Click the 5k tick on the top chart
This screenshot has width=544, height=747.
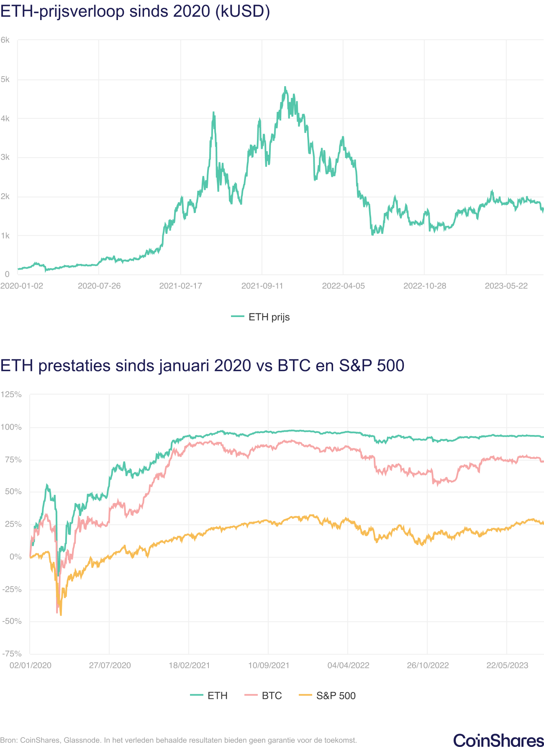[x=5, y=79]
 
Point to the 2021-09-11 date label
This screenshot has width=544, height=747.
[x=262, y=286]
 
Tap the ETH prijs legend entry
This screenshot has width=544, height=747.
[x=261, y=317]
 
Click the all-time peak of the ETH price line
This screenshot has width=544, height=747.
[x=285, y=87]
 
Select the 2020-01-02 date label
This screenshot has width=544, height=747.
[x=22, y=286]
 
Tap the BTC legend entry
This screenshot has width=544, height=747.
[x=263, y=696]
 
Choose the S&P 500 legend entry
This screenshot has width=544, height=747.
[x=328, y=696]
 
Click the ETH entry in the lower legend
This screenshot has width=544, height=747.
[x=209, y=696]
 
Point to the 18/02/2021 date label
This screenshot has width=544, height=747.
[x=189, y=665]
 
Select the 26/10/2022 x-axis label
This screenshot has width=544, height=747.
[x=428, y=665]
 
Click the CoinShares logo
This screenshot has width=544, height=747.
[x=498, y=740]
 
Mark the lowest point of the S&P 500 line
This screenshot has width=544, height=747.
[x=61, y=615]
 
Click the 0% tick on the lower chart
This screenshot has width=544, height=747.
[x=15, y=557]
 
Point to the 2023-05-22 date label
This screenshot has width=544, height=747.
[x=506, y=286]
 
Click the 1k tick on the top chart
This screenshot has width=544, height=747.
[x=5, y=236]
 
